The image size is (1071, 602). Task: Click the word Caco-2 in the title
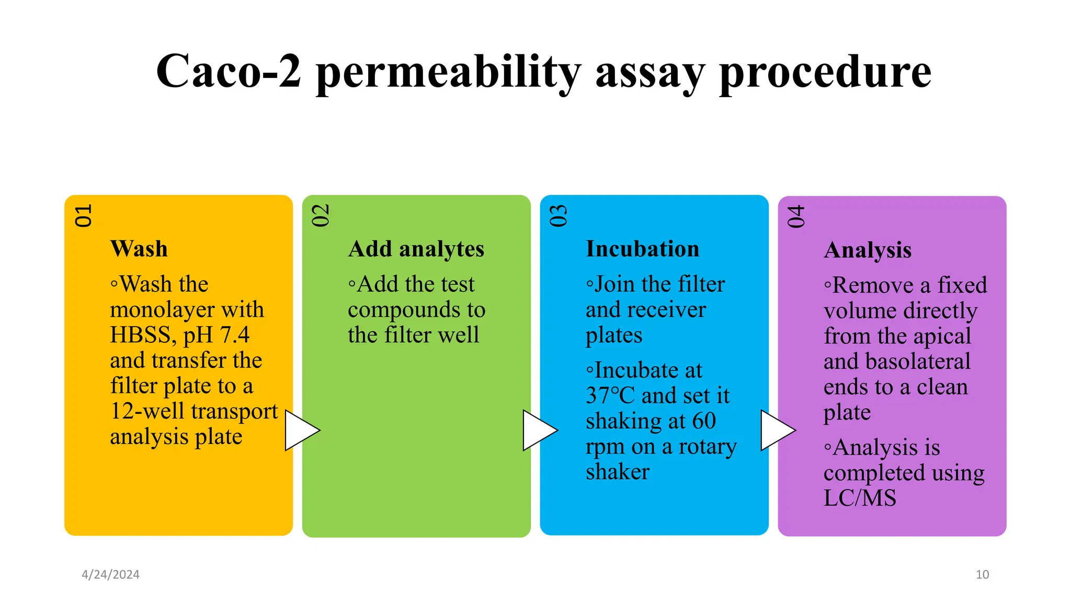[x=229, y=72]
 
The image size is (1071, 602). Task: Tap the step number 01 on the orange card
[x=83, y=216]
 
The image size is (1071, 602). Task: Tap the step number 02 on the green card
[x=321, y=215]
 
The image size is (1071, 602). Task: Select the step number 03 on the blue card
[x=558, y=216]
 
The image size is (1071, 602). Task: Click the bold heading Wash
[x=139, y=249]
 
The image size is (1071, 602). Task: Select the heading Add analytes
[x=416, y=249]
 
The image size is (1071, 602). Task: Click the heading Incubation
[x=642, y=249]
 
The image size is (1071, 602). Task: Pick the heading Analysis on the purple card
[x=868, y=250]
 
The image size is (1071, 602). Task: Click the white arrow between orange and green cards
[x=300, y=430]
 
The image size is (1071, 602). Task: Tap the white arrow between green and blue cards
[x=538, y=430]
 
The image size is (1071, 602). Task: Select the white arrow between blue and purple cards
[x=776, y=430]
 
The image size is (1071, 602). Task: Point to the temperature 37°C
[x=610, y=396]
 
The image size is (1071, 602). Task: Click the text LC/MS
[x=860, y=498]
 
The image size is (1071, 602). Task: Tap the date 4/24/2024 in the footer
[x=110, y=574]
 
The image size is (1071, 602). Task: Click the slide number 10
[x=982, y=574]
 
